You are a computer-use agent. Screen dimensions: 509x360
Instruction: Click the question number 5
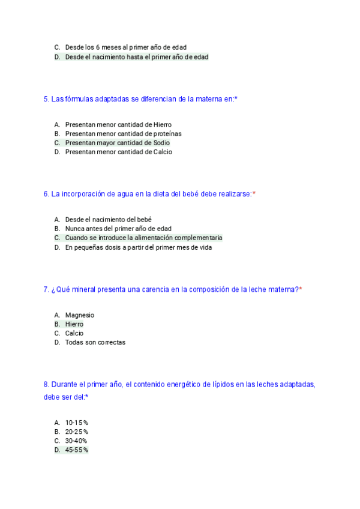pos(46,99)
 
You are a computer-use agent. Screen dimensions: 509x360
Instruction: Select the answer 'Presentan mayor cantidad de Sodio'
pos(117,143)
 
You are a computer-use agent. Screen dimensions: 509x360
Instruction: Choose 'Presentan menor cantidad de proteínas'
pos(123,134)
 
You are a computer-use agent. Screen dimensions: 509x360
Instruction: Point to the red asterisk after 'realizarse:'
pos(254,194)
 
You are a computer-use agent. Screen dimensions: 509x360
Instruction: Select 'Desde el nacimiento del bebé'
pos(108,220)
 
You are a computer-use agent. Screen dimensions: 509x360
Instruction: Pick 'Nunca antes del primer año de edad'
pos(118,229)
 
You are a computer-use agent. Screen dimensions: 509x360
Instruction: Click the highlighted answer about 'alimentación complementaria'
pos(143,238)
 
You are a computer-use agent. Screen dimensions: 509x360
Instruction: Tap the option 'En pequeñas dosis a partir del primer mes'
pos(138,247)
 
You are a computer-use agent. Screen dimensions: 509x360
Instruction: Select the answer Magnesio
pos(80,315)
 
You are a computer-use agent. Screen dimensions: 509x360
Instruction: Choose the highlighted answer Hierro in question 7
pos(74,324)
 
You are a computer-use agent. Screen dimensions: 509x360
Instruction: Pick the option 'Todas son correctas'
pos(95,342)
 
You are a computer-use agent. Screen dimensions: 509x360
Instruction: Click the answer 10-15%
pos(77,423)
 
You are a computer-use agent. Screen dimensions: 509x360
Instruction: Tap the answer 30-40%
pos(77,441)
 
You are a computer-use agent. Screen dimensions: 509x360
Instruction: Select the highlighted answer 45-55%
pos(77,450)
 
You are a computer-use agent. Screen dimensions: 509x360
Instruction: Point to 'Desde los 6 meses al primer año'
pos(125,47)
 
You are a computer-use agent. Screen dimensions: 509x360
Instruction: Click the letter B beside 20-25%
pos(57,432)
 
